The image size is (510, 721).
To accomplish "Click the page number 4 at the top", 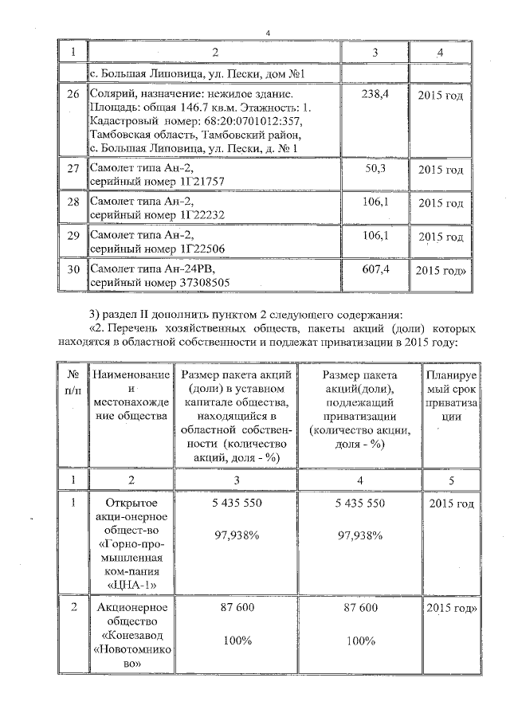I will (x=269, y=32).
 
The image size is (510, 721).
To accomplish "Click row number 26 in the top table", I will (x=73, y=94).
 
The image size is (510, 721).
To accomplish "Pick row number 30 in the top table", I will (x=73, y=270).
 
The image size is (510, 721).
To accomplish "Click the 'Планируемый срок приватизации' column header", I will (x=452, y=395).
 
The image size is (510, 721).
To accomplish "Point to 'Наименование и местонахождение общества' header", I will (x=130, y=395).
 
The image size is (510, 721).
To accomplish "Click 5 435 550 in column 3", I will (x=237, y=504).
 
